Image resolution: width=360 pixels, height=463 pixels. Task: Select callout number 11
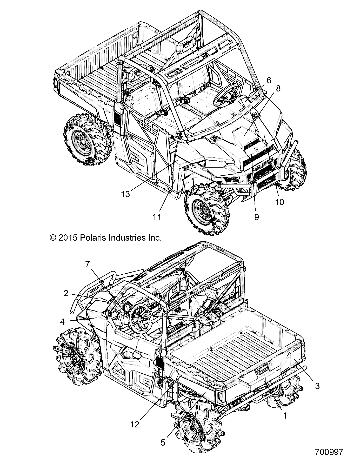[157, 217]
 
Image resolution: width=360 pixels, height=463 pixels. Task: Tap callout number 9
[256, 217]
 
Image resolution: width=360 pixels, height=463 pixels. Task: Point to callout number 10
[280, 202]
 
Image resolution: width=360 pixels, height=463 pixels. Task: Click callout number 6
[269, 81]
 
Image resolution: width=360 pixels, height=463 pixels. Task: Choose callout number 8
[278, 89]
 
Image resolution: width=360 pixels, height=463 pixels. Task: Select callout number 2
[66, 293]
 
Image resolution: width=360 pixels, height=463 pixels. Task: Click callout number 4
[62, 322]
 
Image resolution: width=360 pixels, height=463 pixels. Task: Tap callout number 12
[135, 425]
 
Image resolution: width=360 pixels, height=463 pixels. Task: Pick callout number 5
[163, 442]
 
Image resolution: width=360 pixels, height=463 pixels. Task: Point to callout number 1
[285, 416]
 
